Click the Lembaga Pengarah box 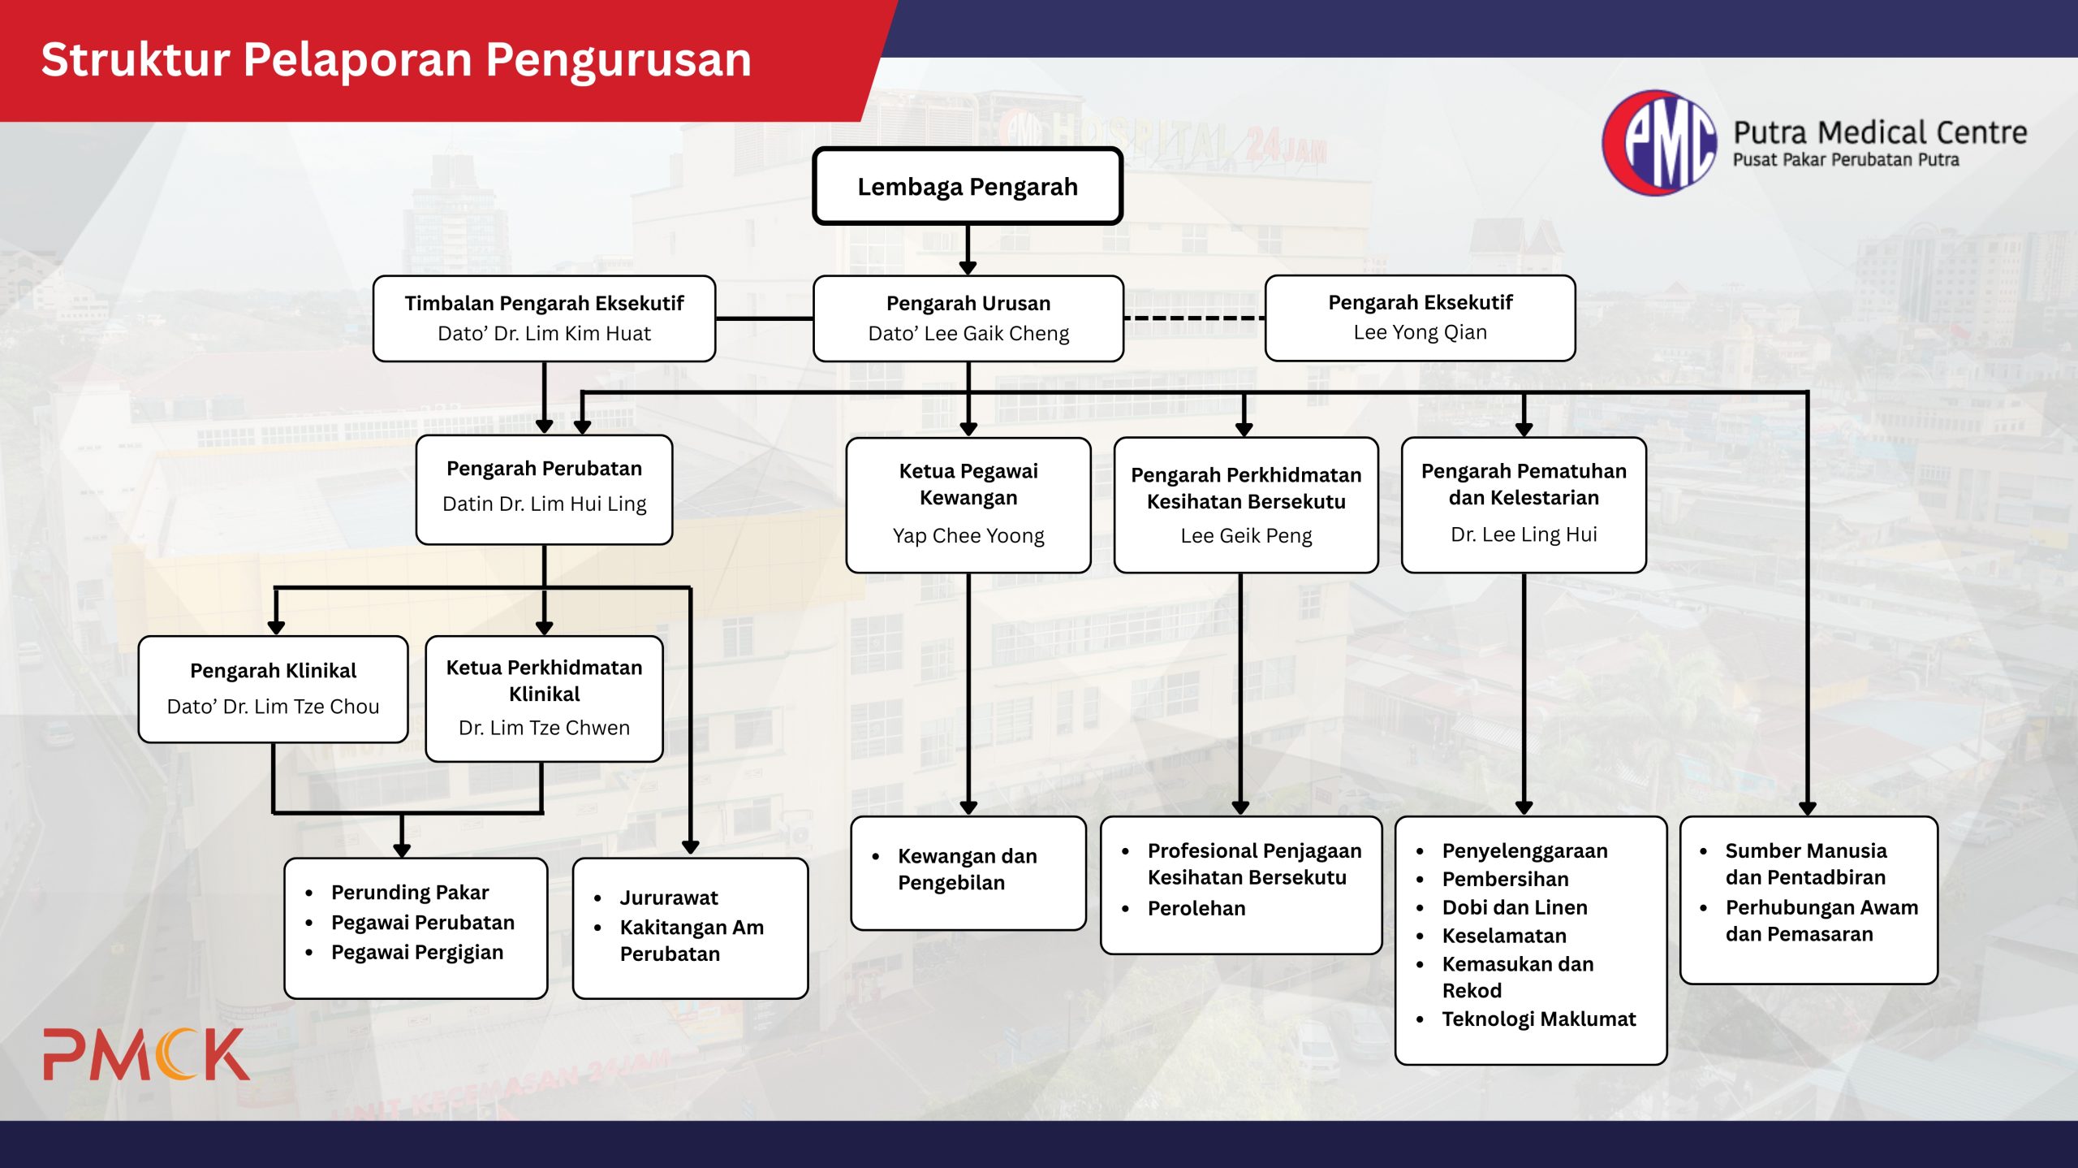[968, 186]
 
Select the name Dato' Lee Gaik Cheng [968, 333]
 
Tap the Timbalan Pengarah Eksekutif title [544, 303]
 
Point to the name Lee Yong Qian [1420, 332]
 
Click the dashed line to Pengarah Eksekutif [1194, 318]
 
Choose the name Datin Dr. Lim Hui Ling [544, 504]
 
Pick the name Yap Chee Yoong [968, 535]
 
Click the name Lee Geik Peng [1246, 535]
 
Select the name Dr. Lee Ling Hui [1524, 534]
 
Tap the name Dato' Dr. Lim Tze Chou [273, 706]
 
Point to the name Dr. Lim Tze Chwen [544, 727]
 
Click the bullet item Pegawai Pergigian [417, 952]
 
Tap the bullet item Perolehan [1196, 908]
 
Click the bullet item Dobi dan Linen [1515, 907]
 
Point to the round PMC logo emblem [1659, 143]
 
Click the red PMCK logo [146, 1054]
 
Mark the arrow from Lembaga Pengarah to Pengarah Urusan [968, 249]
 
